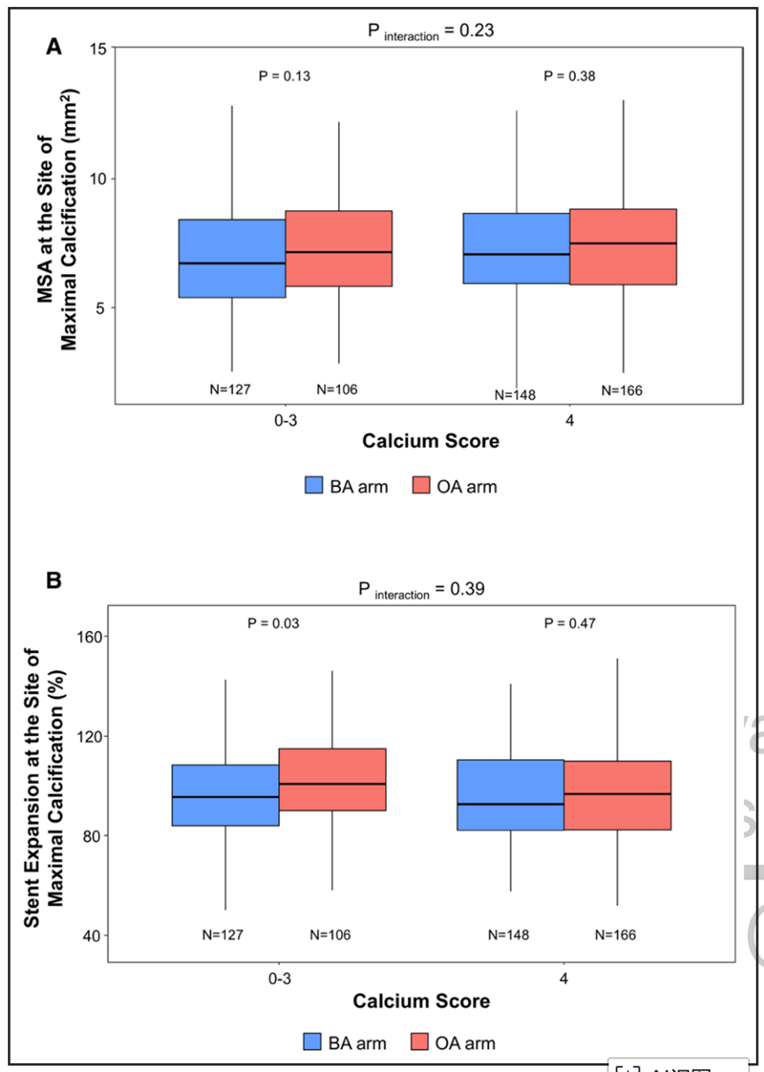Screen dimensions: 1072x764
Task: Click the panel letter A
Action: tap(54, 48)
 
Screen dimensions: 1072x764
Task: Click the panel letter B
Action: tap(54, 581)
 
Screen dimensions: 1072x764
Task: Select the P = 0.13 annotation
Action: tap(284, 76)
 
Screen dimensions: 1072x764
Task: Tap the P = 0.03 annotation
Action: tap(273, 623)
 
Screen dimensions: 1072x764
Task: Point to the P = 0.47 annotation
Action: tap(570, 623)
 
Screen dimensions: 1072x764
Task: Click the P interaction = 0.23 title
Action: tap(430, 31)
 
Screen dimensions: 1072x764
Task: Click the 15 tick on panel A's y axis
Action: tap(98, 48)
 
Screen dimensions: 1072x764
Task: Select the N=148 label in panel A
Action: tap(515, 395)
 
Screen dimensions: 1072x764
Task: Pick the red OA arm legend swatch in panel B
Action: tap(421, 1043)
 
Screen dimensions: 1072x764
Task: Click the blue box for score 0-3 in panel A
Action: tap(232, 258)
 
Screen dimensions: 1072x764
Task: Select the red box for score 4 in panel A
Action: tap(623, 247)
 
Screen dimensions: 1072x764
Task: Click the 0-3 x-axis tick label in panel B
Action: tap(280, 977)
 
